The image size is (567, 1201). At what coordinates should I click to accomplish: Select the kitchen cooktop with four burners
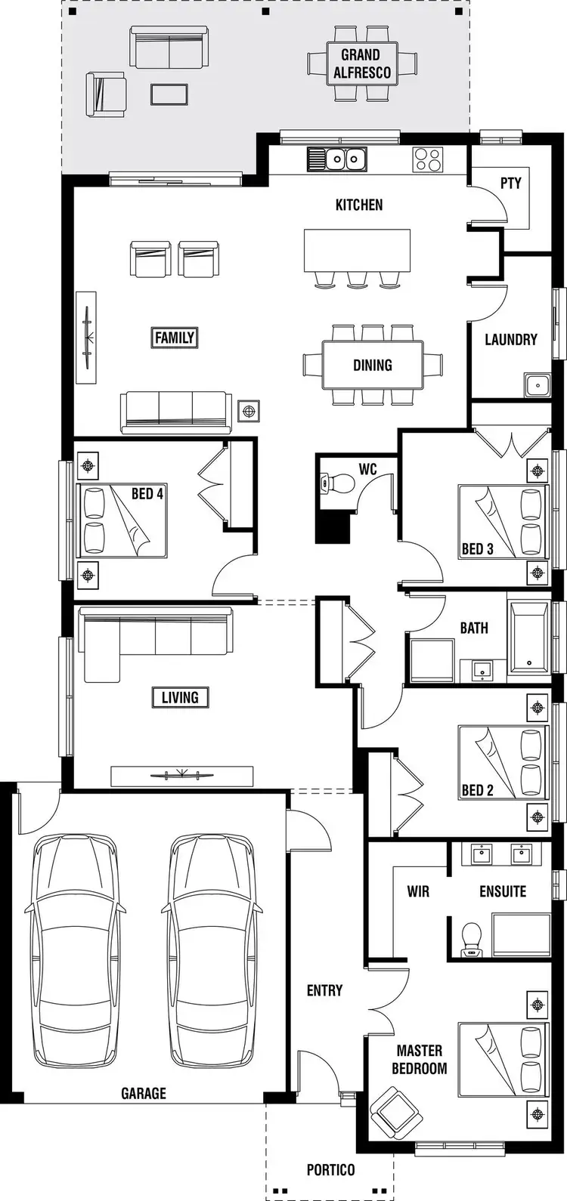427,159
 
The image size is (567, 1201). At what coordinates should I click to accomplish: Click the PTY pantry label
511,183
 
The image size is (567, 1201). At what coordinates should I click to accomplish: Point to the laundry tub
538,384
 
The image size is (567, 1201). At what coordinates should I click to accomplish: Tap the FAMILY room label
175,338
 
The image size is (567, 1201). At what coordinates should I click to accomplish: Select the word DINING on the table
373,366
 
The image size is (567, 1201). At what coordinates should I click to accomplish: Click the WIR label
418,891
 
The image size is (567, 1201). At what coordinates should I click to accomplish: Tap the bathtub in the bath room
530,638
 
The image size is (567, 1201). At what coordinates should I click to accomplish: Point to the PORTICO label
330,1170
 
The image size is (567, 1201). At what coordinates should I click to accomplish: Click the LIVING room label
180,697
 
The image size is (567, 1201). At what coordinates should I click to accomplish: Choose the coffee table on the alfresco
169,94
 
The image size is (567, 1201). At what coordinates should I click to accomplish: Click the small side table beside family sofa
248,411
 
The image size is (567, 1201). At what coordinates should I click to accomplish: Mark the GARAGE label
143,1093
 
